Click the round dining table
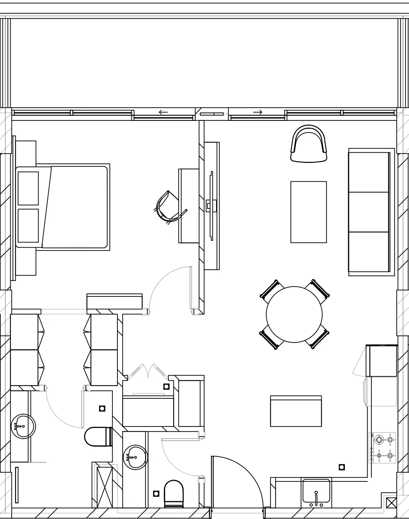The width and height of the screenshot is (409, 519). [294, 314]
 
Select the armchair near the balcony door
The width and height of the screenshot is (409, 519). [309, 144]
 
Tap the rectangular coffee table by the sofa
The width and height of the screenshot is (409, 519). [308, 212]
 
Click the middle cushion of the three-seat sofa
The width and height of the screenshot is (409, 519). [369, 212]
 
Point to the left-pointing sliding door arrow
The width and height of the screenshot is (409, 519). [164, 112]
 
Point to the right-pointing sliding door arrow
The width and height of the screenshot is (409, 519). [258, 112]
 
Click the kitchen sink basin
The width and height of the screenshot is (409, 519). [316, 490]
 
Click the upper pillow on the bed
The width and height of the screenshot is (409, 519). [28, 188]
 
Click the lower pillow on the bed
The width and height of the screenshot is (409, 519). [28, 226]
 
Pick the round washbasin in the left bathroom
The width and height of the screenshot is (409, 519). [23, 426]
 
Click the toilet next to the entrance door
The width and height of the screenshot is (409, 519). [174, 493]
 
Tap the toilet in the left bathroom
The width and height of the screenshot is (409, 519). [97, 436]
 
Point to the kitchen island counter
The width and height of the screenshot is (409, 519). [296, 411]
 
